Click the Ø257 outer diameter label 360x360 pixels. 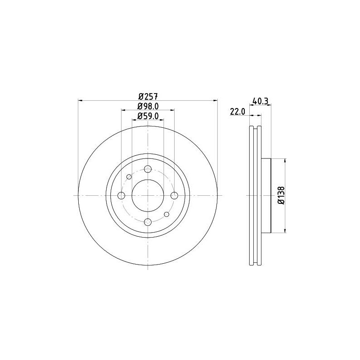(148, 96)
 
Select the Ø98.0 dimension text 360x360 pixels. (148, 106)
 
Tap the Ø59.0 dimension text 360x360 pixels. (148, 116)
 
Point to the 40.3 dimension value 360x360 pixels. (260, 101)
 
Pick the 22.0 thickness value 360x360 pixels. (238, 112)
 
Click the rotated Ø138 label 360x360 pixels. (281, 195)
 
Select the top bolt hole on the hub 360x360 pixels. (148, 169)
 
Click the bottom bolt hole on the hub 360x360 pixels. (148, 222)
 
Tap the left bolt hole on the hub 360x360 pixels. (121, 196)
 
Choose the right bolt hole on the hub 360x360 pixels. (174, 196)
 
